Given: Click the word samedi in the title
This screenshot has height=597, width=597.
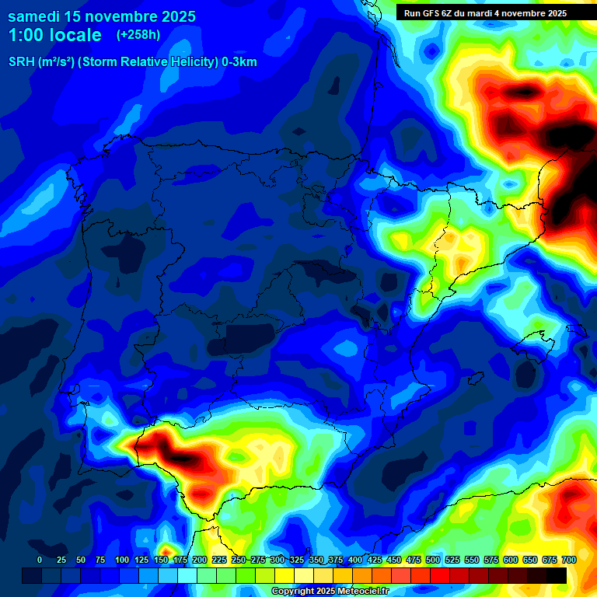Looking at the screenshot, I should coord(34,16).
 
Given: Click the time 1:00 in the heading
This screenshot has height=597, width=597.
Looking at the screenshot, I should coord(23,35).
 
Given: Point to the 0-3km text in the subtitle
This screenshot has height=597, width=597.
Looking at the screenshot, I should coord(239,62).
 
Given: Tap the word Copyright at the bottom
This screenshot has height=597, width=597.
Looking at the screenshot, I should coord(295,592).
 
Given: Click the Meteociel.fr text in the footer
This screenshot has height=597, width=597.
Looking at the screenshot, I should coord(363,592).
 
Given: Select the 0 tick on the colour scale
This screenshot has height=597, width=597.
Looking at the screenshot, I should coord(40,560).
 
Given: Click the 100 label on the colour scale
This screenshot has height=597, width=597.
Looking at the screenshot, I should coord(122,560).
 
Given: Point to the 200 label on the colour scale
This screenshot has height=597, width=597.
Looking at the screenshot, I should coord(200,560).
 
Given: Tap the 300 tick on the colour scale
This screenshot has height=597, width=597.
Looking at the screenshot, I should coord(278,560).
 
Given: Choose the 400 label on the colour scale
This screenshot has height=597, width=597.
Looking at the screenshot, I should coord(355,560).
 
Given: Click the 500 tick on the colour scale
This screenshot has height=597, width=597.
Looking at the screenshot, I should coord(433,560).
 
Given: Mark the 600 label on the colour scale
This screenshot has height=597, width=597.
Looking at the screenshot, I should coord(511,560).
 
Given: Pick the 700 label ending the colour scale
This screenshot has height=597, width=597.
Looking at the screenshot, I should coord(569,560).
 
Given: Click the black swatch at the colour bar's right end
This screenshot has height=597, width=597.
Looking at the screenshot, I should coord(557,575).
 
